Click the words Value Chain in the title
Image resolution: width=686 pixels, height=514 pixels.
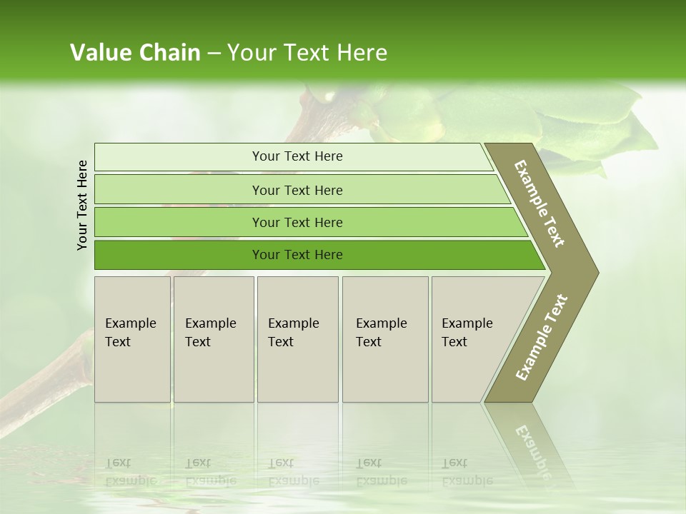point(135,53)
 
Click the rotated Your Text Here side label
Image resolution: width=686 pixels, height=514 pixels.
point(82,205)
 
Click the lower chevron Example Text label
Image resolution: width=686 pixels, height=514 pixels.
point(542,337)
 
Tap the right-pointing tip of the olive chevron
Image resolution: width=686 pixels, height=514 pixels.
point(595,272)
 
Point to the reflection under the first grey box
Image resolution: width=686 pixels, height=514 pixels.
point(132,450)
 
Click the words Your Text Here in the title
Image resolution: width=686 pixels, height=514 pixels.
point(307,53)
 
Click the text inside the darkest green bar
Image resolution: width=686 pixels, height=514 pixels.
point(297,255)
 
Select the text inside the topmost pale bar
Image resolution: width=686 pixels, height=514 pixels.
point(297,156)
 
